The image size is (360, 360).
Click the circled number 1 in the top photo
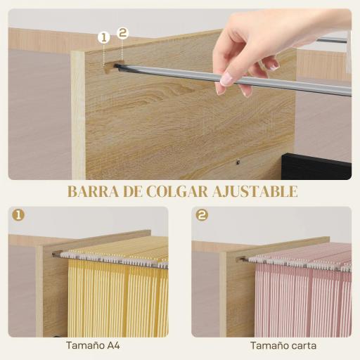point(104,37)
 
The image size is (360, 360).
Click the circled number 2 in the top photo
point(122,32)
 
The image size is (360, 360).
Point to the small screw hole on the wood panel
point(238,162)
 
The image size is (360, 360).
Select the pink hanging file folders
point(302,295)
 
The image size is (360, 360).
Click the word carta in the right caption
point(302,345)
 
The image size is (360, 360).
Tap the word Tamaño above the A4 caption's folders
point(82,345)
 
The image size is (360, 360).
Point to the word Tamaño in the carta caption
point(269,345)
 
